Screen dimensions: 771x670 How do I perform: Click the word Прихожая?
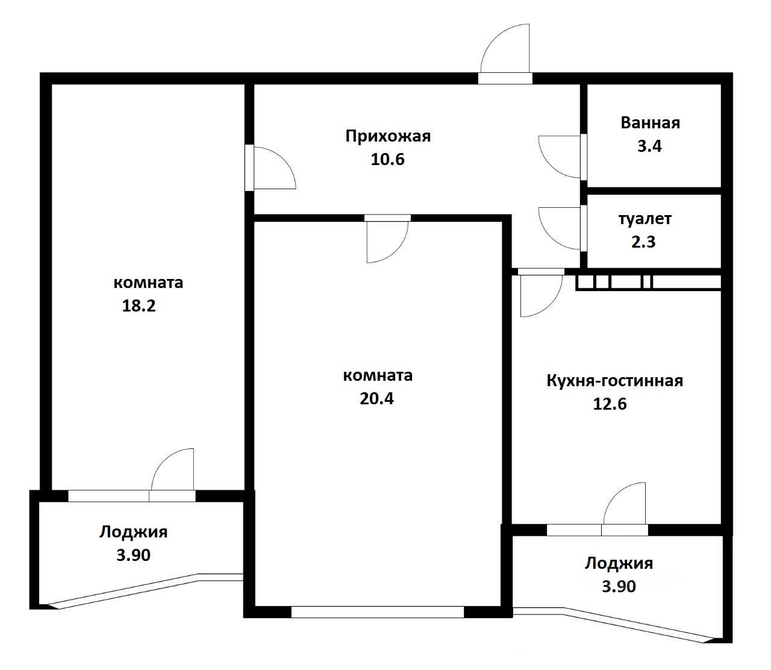pos(388,137)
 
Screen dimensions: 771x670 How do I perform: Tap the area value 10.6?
pos(387,159)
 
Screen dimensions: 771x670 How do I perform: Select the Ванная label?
pos(651,124)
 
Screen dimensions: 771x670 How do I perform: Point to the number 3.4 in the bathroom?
pos(649,146)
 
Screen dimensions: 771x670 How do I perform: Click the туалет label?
pos(645,219)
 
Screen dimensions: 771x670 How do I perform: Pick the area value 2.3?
pos(644,242)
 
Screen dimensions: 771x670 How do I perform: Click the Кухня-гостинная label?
pos(614,381)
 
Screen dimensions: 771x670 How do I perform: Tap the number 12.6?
pos(610,404)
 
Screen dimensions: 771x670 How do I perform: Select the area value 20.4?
pos(376,399)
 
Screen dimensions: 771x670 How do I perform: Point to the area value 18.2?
pos(139,305)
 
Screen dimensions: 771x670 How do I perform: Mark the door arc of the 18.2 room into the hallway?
pos(284,158)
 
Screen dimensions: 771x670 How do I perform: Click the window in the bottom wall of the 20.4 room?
pos(377,612)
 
